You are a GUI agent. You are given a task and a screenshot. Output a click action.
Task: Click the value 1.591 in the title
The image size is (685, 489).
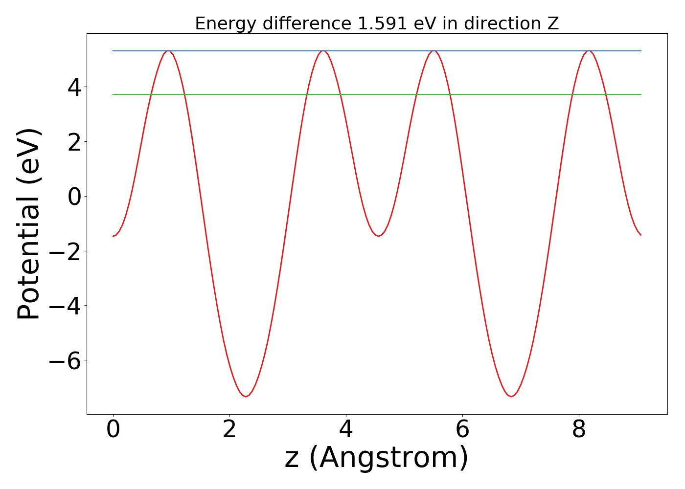(x=382, y=23)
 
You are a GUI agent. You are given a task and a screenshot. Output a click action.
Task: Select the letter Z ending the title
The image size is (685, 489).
(x=553, y=23)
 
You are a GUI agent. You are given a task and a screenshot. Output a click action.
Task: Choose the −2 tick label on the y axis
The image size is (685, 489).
(x=67, y=251)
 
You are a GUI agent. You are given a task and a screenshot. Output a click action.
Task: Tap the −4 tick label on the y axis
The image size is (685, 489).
(x=67, y=306)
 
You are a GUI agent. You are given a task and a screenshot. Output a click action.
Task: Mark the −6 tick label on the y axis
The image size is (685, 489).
(x=67, y=361)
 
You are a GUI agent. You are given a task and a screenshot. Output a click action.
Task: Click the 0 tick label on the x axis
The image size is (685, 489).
(x=113, y=430)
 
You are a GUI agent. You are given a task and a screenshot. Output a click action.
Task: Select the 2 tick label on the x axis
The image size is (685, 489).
(x=229, y=430)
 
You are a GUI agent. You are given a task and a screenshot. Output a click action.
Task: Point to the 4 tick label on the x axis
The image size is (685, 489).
(x=346, y=430)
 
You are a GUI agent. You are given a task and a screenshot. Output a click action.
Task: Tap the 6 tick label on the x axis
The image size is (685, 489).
(x=462, y=430)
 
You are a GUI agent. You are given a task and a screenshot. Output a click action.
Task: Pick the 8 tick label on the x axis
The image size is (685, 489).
(x=579, y=430)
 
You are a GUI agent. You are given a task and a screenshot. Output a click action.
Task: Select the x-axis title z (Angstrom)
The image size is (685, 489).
(x=377, y=458)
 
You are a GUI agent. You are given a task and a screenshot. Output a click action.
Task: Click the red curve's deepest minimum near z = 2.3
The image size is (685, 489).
(x=246, y=396)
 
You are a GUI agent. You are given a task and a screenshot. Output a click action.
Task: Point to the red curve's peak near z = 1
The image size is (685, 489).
(x=168, y=50)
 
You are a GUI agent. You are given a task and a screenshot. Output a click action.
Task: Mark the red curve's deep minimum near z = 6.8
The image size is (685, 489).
(x=510, y=396)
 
